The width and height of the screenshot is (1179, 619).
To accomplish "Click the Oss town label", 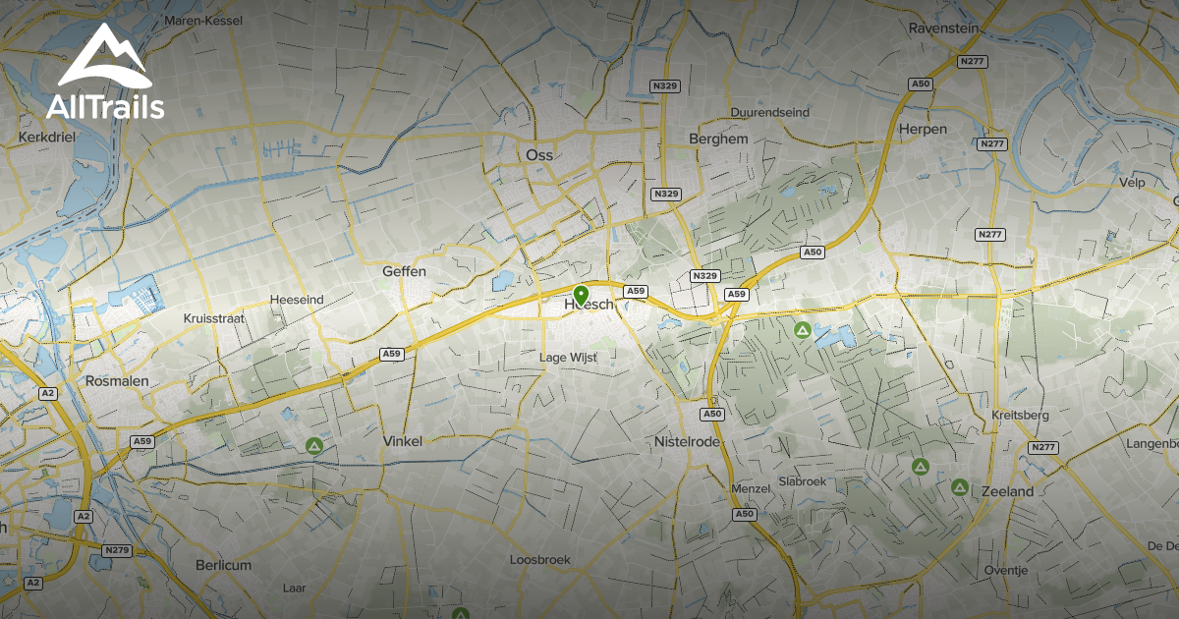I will click(539, 155).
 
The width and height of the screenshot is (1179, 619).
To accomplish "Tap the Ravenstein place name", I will click(943, 28).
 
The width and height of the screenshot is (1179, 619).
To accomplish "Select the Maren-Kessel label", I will click(203, 21).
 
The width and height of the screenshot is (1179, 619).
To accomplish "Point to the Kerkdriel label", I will click(47, 138).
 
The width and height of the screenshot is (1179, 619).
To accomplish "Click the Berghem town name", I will click(718, 140).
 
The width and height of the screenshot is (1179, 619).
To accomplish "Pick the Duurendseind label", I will click(770, 113).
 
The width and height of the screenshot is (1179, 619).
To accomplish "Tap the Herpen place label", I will click(924, 130).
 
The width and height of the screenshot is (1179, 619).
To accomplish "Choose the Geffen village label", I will click(404, 271).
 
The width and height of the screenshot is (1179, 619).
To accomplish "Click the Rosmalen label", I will click(116, 380).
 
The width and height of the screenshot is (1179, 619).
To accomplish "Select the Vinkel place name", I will click(403, 442).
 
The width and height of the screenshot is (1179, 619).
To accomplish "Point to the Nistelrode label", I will click(688, 442).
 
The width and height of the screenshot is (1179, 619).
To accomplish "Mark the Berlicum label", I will click(223, 565).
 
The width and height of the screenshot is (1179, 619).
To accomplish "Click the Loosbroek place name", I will click(539, 560).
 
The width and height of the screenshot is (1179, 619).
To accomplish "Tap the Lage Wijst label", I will click(569, 358).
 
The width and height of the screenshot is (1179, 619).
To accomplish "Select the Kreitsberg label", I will click(1021, 416).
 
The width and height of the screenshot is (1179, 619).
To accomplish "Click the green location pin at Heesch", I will click(581, 295).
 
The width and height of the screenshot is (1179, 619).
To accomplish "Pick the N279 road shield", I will click(117, 550).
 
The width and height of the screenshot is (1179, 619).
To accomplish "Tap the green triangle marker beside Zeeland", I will click(960, 487).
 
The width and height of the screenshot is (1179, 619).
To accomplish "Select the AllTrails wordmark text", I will click(105, 107).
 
